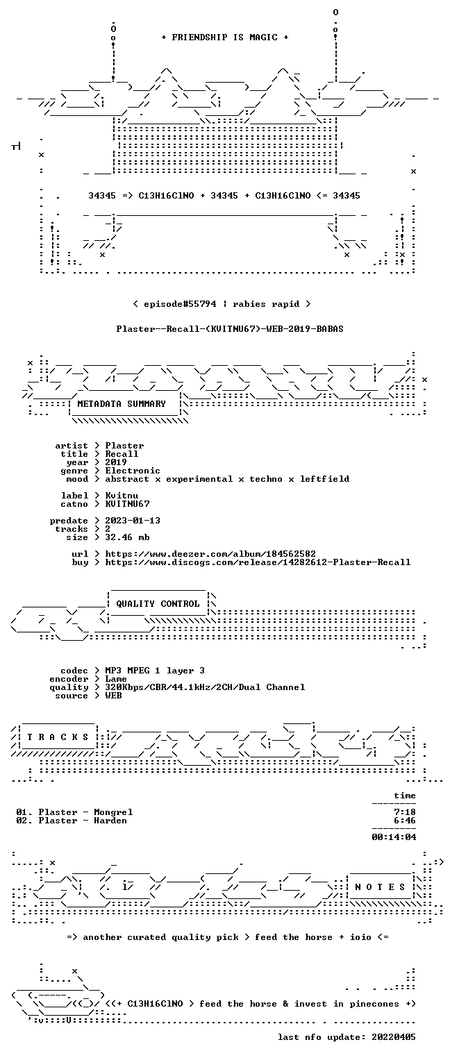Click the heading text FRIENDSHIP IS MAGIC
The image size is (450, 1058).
(224, 37)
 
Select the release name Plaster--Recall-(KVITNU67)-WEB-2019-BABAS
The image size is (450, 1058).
(230, 329)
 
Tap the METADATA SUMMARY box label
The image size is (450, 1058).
(122, 404)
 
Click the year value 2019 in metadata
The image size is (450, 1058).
(116, 462)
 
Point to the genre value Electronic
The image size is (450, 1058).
(133, 471)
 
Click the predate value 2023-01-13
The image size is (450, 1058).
(133, 521)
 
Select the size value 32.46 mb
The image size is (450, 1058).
(127, 537)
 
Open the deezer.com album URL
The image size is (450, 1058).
(210, 553)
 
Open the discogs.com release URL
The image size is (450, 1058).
(258, 562)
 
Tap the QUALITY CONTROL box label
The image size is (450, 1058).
(158, 603)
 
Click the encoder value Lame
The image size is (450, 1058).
(116, 679)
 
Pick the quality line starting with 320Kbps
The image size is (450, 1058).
(205, 687)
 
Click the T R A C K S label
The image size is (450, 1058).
(58, 737)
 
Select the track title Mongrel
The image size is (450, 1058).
(113, 812)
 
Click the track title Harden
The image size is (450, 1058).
(110, 821)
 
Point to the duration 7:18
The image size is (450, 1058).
(405, 812)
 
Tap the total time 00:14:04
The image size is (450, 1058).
(394, 837)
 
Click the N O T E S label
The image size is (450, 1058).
(380, 887)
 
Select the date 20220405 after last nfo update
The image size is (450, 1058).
(394, 1036)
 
